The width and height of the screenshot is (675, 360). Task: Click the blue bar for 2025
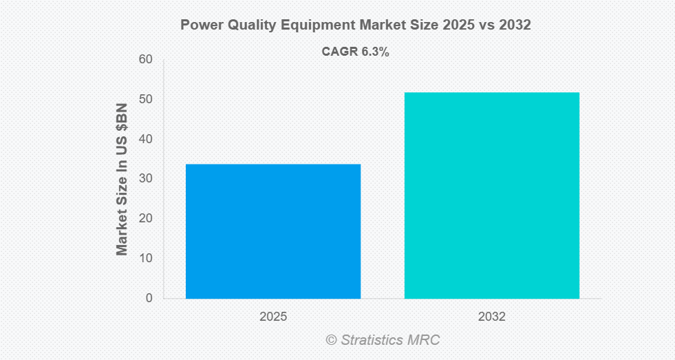point(273,231)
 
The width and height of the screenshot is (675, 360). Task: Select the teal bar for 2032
point(491,195)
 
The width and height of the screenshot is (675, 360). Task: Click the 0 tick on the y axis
point(148,299)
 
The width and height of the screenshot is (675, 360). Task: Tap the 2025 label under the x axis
point(273,317)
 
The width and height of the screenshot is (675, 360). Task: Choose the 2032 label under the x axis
point(491,317)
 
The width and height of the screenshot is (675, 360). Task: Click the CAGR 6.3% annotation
point(356,52)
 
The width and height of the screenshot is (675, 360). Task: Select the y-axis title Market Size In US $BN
point(122,180)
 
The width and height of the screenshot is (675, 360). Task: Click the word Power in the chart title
point(200,25)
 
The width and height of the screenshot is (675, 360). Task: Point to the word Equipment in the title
point(320,25)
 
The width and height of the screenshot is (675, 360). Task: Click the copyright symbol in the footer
point(332,340)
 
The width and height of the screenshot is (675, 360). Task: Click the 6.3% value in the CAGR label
point(376,52)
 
